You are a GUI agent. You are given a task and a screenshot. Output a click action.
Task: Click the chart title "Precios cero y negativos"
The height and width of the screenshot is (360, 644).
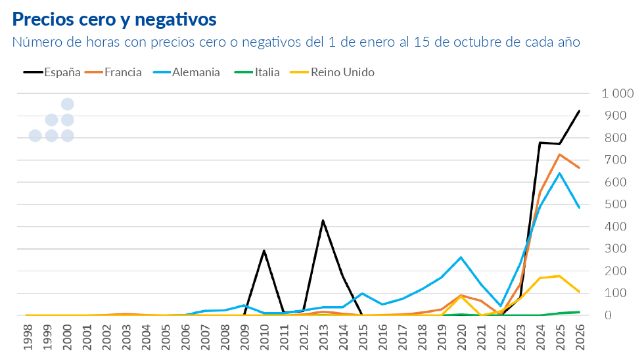coord(114,19)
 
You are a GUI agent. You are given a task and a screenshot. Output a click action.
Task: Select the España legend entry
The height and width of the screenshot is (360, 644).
coord(52,72)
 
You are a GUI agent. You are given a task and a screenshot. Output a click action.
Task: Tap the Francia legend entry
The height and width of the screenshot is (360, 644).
coord(113,72)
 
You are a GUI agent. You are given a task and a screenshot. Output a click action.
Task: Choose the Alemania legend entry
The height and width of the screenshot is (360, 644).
coord(187,72)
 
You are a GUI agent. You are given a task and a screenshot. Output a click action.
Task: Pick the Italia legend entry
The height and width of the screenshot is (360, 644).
coord(257,72)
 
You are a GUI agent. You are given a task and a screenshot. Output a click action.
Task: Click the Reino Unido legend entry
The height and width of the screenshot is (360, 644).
coord(333,72)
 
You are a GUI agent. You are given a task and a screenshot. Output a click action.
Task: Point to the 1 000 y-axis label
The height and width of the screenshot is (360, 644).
coord(617,93)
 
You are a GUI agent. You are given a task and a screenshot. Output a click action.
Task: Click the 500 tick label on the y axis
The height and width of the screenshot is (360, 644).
coord(615,204)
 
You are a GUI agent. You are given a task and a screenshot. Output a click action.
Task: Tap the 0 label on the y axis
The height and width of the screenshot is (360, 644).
coord(608,315)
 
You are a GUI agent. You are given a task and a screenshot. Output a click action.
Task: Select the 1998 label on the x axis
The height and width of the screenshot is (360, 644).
coord(28,337)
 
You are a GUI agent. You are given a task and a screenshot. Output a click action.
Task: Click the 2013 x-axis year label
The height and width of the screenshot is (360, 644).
coord(323,337)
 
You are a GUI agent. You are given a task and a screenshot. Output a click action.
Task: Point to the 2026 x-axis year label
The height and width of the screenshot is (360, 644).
coord(580,337)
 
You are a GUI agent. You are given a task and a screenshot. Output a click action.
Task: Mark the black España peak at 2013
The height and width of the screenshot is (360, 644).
coord(323,221)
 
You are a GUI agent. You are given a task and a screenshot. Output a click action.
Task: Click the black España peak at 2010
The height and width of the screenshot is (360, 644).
coord(264,251)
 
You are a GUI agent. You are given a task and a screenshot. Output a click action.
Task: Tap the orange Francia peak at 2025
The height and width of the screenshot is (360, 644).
coord(559,155)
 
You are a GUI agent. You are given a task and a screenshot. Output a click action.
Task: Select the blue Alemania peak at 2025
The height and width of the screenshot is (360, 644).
coord(559,173)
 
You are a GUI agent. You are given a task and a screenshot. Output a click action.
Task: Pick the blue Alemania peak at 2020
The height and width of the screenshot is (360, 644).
coord(461,258)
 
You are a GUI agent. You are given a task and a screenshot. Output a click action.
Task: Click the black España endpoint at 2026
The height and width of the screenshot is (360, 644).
coord(579,111)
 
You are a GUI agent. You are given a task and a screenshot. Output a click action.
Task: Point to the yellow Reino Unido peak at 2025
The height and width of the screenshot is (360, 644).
coord(559,276)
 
